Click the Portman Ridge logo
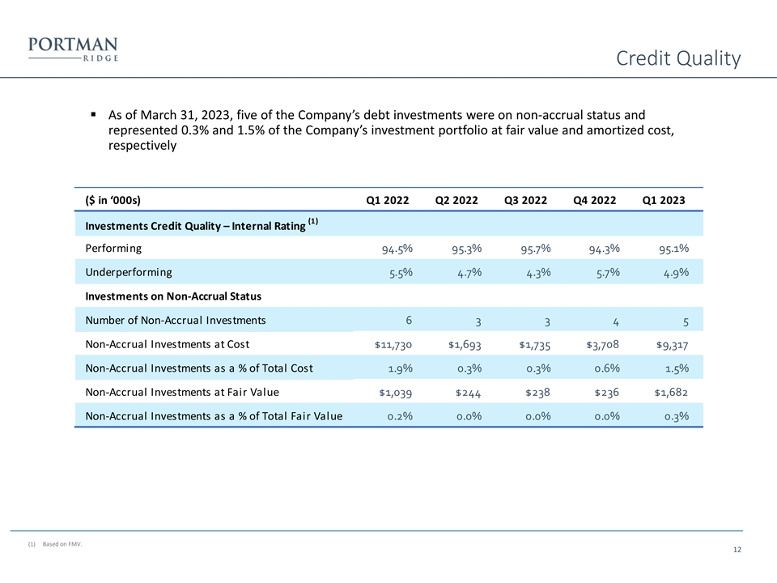73,49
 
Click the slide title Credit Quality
677,59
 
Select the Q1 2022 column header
387,199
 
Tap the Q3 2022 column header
524,199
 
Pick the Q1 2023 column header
663,199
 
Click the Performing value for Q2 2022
467,249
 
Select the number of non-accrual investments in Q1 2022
409,319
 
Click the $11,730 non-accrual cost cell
393,344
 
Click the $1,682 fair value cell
671,393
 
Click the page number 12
737,551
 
